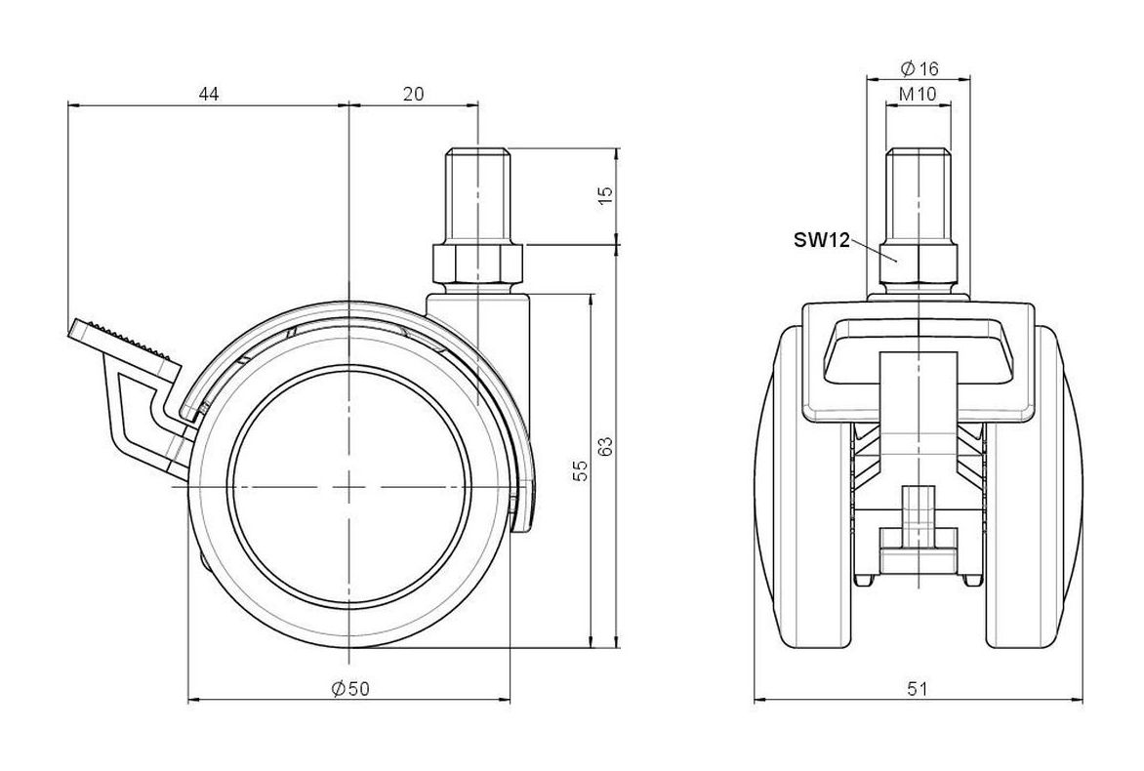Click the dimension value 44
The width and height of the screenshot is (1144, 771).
209,94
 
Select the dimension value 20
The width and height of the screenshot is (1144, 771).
413,94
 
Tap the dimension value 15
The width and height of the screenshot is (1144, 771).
605,195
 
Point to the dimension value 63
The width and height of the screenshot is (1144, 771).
605,446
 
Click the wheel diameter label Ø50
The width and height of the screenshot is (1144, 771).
350,688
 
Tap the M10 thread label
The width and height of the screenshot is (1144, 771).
918,94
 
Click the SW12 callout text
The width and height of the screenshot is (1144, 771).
822,240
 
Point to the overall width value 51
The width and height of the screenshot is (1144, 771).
918,688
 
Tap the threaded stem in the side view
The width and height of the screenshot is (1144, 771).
478,197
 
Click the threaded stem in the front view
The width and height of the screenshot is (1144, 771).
919,197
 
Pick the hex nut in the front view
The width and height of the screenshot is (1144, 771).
919,265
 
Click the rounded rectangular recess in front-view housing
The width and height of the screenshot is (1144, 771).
919,349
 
